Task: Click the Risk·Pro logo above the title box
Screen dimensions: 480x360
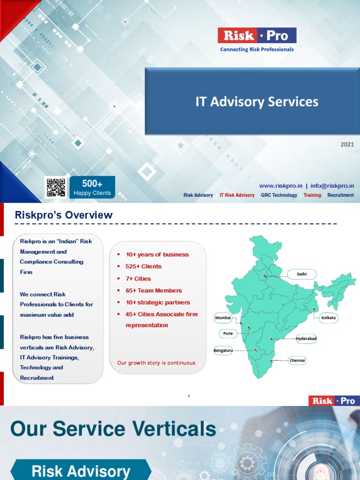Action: (257, 36)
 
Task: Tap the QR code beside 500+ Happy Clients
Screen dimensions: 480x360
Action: (55, 187)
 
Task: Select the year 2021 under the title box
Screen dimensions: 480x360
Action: (347, 144)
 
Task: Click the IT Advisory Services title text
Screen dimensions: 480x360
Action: (256, 102)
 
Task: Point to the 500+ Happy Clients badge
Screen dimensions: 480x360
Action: (92, 187)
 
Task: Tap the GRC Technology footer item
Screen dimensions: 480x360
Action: (279, 195)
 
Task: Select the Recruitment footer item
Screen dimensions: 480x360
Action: (340, 195)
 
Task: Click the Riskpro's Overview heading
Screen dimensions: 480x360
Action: (64, 215)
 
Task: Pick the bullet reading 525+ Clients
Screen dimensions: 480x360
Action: (143, 266)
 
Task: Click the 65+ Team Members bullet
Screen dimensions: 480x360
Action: (154, 291)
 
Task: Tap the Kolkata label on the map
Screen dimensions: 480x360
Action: (329, 318)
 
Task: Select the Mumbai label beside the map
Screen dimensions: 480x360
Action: (223, 318)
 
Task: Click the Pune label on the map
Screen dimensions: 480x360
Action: (228, 333)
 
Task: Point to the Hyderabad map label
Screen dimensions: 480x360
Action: (306, 338)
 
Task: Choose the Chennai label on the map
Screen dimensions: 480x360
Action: (297, 360)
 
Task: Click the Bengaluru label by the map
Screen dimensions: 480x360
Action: (223, 350)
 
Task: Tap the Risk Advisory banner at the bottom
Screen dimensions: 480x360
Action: (81, 471)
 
